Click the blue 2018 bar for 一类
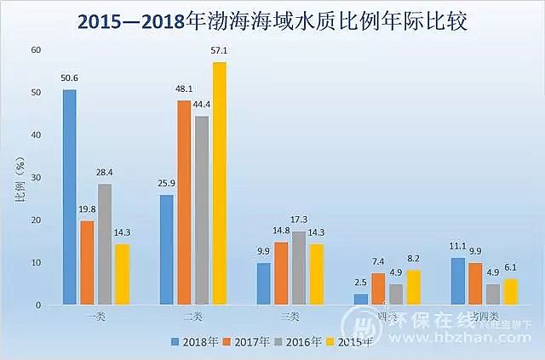click(69, 197)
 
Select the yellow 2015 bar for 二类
click(220, 183)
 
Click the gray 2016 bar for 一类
click(105, 243)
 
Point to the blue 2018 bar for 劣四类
click(457, 281)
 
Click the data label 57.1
click(220, 51)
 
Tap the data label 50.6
click(69, 78)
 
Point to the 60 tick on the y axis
click(35, 50)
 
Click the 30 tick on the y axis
click(35, 177)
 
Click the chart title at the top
click(272, 20)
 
